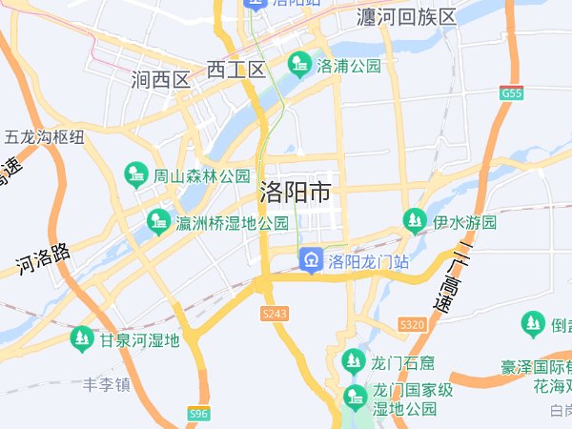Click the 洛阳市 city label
(296, 194)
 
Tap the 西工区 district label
(235, 70)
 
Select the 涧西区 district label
(161, 80)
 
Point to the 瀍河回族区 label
(406, 17)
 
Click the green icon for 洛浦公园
(299, 65)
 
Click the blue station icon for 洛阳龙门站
(311, 259)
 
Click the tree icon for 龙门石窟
(354, 361)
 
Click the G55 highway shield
(512, 93)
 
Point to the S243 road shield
(274, 313)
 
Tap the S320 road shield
(412, 325)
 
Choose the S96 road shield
(198, 414)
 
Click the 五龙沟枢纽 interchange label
(45, 137)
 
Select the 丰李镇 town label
(105, 385)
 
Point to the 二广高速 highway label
(452, 277)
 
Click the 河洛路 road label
(44, 258)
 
